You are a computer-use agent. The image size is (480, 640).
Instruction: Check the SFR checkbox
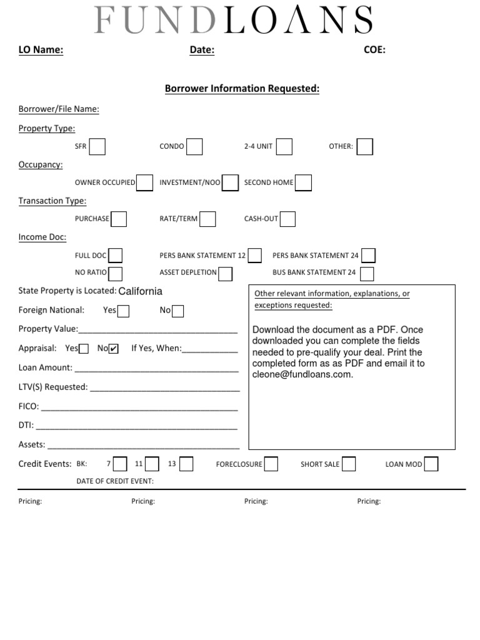coord(97,146)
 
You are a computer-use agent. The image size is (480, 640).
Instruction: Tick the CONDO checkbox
coord(194,146)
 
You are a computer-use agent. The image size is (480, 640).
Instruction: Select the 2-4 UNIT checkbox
coord(284,146)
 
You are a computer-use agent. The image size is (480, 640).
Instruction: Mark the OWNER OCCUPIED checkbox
coord(144,182)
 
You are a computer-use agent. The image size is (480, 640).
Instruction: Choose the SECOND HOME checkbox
coord(303,182)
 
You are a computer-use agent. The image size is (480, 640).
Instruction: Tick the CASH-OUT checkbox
coord(287,219)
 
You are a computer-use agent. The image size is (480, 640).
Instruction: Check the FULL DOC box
coord(115,255)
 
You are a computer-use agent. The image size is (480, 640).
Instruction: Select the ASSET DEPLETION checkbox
coord(225,273)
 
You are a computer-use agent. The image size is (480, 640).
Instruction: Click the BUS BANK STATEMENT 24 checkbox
coord(367,273)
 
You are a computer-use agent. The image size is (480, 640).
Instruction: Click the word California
coord(140,291)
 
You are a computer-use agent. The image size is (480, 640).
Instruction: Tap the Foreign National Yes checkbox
coord(124,311)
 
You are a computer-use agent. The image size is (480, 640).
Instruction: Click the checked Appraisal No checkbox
coord(113,349)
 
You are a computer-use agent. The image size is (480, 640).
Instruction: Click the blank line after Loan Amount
coord(156,369)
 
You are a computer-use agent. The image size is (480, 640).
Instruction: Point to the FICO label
coord(29,406)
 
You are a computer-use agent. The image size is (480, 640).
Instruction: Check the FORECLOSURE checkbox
coord(271,464)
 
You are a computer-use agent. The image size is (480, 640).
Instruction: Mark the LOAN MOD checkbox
coord(431,464)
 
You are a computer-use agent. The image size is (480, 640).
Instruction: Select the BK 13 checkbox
coord(186,464)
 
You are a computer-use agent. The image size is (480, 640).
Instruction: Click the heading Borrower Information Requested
coord(242,89)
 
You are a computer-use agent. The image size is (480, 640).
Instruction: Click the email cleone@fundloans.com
coord(302,374)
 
